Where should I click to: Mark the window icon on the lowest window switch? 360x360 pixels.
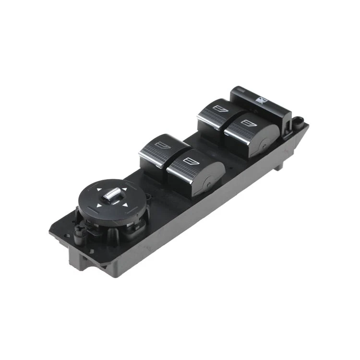point(189,160)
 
